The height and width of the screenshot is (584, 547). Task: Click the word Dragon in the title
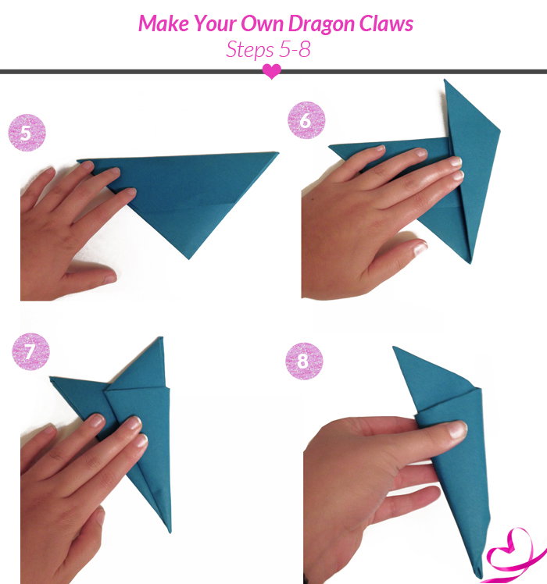pyautogui.click(x=321, y=24)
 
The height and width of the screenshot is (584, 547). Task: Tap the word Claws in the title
pyautogui.click(x=386, y=23)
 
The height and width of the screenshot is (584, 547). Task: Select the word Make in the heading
pyautogui.click(x=163, y=23)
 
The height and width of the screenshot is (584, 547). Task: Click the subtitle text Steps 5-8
pyautogui.click(x=268, y=49)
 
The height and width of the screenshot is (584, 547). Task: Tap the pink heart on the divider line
pyautogui.click(x=272, y=71)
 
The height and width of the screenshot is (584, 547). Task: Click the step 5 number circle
pyautogui.click(x=27, y=133)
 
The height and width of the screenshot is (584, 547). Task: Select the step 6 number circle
pyautogui.click(x=306, y=120)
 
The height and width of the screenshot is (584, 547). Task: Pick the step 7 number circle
pyautogui.click(x=30, y=351)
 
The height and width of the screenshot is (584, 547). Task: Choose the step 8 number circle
pyautogui.click(x=304, y=361)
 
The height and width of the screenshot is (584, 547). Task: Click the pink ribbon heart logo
pyautogui.click(x=514, y=555)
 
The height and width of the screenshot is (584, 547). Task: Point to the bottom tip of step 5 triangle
pyautogui.click(x=188, y=258)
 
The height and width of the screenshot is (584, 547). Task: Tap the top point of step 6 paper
pyautogui.click(x=445, y=80)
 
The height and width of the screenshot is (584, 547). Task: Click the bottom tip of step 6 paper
pyautogui.click(x=470, y=262)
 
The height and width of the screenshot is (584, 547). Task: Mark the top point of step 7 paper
pyautogui.click(x=162, y=337)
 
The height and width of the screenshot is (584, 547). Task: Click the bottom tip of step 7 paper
pyautogui.click(x=170, y=532)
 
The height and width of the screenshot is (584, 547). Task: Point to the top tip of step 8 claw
pyautogui.click(x=393, y=347)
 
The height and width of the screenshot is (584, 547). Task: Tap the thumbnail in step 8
pyautogui.click(x=458, y=430)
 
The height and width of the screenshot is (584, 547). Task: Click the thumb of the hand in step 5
pyautogui.click(x=90, y=275)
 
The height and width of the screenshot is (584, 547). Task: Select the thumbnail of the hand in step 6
pyautogui.click(x=420, y=247)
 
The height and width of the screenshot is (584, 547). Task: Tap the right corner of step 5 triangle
pyautogui.click(x=277, y=153)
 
